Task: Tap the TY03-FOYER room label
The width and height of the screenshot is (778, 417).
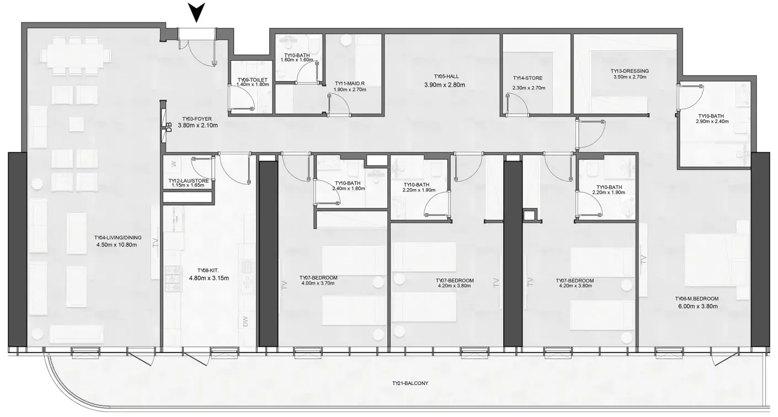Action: [x=197, y=119]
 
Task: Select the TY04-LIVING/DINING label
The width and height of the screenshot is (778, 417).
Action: [x=118, y=238]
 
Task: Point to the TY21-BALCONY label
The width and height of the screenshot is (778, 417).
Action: [x=410, y=383]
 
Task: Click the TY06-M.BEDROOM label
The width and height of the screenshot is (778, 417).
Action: [x=697, y=298]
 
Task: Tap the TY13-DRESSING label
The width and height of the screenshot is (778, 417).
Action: [x=629, y=71]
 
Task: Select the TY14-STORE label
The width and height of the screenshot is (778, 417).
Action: [x=527, y=78]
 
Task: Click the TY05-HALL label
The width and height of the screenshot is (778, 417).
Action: [x=446, y=77]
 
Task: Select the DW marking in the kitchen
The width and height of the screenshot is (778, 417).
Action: [x=246, y=321]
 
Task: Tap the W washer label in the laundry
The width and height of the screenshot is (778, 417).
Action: [x=173, y=164]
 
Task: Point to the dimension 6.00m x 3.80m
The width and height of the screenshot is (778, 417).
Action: [x=697, y=306]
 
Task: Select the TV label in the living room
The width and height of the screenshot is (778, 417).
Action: [x=156, y=243]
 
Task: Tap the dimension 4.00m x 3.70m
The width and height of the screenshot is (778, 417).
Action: [x=318, y=283]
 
